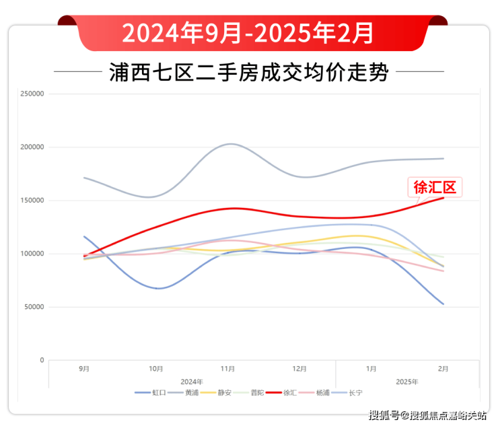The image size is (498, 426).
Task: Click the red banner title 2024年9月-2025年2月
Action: point(248,32)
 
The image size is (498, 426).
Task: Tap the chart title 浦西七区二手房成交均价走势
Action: point(248,72)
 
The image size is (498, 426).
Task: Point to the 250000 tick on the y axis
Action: point(32,94)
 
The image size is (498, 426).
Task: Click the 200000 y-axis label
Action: point(32,147)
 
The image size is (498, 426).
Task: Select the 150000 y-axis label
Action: point(32,201)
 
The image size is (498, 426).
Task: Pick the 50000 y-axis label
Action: point(34,307)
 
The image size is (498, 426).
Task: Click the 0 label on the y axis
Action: point(42,361)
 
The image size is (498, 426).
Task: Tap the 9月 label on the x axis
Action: point(84,369)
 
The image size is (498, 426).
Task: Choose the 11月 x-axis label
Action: point(227,369)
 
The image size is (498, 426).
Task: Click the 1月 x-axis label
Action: point(371,369)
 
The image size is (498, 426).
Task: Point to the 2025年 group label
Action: point(407,381)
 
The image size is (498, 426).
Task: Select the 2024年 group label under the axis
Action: point(192,381)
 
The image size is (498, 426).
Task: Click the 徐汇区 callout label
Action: point(435,187)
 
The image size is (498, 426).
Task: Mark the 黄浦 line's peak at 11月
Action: point(229,143)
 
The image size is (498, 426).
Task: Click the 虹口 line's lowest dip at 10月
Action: point(157,288)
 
